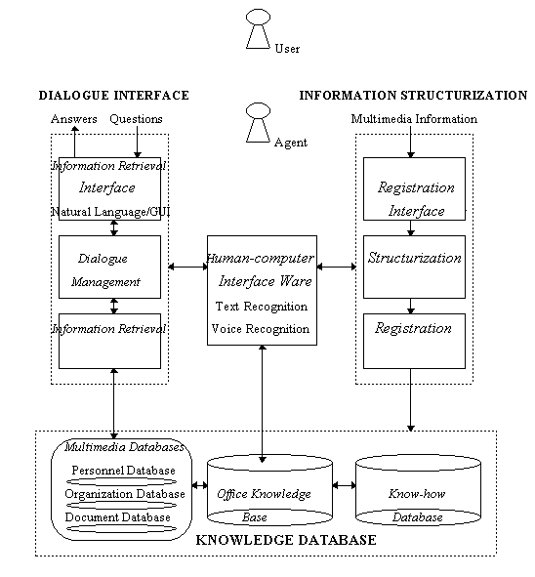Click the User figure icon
pyautogui.click(x=258, y=28)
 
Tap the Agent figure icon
pyautogui.click(x=258, y=123)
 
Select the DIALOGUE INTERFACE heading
pyautogui.click(x=113, y=96)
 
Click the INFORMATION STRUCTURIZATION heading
pyautogui.click(x=413, y=96)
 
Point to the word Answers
pyautogui.click(x=74, y=119)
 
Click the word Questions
pyautogui.click(x=136, y=119)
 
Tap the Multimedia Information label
pyautogui.click(x=414, y=119)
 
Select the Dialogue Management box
pyautogui.click(x=109, y=267)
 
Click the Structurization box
pyautogui.click(x=414, y=267)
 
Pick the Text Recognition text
pyautogui.click(x=262, y=307)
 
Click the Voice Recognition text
pyautogui.click(x=261, y=329)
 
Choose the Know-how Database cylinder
pyautogui.click(x=419, y=490)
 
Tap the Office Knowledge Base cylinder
pyautogui.click(x=269, y=490)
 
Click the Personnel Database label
pyautogui.click(x=123, y=471)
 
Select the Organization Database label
pyautogui.click(x=125, y=494)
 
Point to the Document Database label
pyautogui.click(x=118, y=517)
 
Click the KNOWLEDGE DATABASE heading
pyautogui.click(x=286, y=540)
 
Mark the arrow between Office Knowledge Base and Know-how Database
pyautogui.click(x=345, y=486)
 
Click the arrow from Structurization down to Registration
pyautogui.click(x=411, y=307)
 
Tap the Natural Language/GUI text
pyautogui.click(x=110, y=212)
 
